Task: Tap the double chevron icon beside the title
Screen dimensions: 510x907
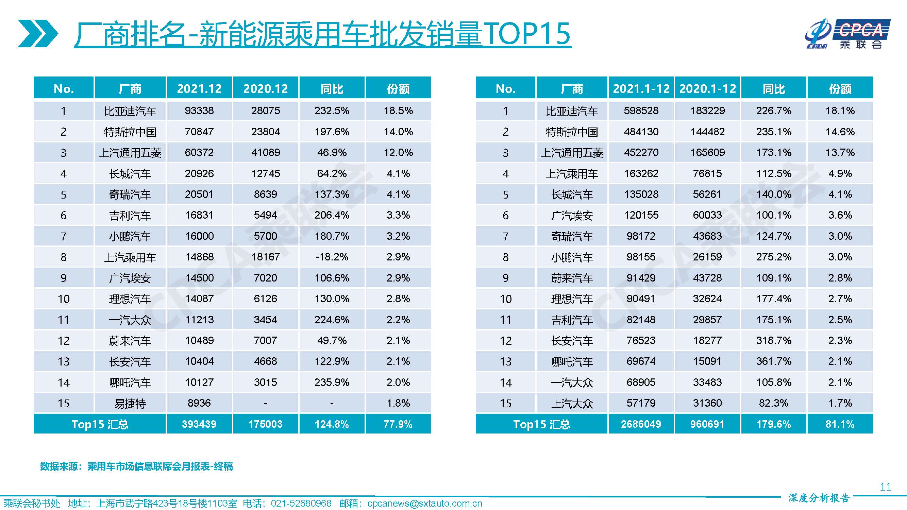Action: [x=38, y=34]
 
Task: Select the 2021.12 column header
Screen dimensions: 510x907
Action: [x=199, y=88]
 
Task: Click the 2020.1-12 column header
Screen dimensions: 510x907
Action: [x=707, y=88]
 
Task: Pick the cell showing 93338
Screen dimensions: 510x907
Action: [x=199, y=111]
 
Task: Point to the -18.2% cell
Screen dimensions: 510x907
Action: [x=332, y=257]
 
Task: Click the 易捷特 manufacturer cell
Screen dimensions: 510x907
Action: [x=130, y=403]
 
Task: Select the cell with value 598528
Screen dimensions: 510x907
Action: [x=641, y=111]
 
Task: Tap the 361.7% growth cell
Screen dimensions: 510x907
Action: [x=774, y=361]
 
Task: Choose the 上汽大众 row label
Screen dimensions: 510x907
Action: [x=572, y=403]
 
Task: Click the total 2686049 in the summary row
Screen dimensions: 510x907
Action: [x=641, y=424]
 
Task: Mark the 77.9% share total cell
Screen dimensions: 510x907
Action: [x=398, y=424]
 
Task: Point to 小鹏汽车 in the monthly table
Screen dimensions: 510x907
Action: [x=130, y=236]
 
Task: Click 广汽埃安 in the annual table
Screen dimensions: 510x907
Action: [x=572, y=216]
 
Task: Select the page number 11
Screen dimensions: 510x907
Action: [x=885, y=487]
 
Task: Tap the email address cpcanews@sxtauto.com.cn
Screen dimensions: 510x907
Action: [x=425, y=504]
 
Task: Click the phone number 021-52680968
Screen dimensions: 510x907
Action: [x=301, y=504]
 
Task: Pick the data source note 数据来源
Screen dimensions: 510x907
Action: [x=136, y=466]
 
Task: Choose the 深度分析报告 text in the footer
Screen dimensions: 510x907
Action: [x=819, y=498]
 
